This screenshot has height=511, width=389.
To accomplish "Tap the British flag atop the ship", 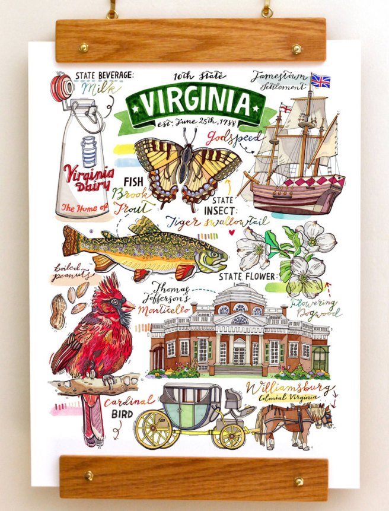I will tap(320, 81).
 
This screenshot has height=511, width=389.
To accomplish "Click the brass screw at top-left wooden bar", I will tap(84, 47).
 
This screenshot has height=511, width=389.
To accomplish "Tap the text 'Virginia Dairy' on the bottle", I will tap(89, 179).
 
